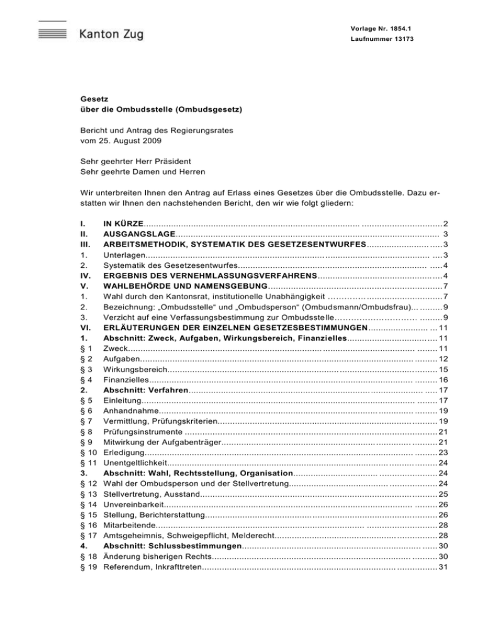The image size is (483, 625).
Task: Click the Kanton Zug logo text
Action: (x=111, y=34)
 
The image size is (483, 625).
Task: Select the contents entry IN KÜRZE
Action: (x=123, y=223)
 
